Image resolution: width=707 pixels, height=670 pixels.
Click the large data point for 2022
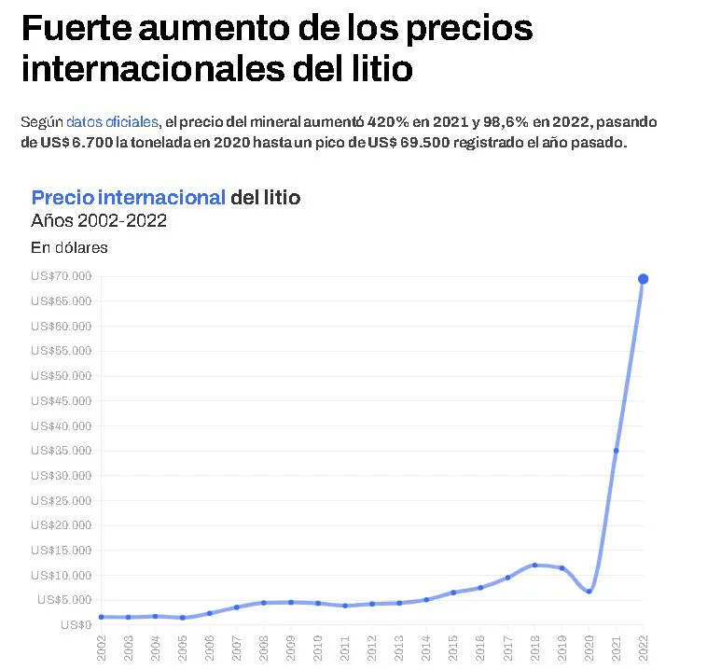(x=644, y=279)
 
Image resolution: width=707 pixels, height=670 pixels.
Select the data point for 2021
(x=617, y=451)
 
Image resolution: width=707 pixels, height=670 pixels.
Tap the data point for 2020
(x=589, y=591)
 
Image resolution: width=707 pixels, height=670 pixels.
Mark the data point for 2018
(x=534, y=565)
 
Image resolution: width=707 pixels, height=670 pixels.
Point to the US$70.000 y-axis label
(x=61, y=276)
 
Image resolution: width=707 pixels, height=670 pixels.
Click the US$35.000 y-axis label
(x=61, y=451)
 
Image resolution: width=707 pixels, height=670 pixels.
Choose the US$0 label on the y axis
(x=76, y=624)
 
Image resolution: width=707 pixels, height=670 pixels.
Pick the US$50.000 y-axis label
(x=61, y=376)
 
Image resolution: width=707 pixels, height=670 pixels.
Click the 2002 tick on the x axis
(x=102, y=646)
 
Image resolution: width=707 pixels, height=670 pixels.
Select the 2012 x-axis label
(x=372, y=646)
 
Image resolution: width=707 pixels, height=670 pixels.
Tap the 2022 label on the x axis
(x=643, y=646)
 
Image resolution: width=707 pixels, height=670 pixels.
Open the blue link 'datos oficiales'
(x=112, y=122)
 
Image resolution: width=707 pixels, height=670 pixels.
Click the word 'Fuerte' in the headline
(x=73, y=29)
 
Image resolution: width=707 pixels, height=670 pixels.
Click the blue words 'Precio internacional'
(x=128, y=198)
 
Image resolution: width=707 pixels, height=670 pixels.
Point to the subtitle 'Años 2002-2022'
(x=99, y=221)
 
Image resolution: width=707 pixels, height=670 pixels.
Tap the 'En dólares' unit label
(x=69, y=247)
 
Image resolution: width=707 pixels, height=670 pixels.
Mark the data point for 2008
(x=264, y=603)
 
